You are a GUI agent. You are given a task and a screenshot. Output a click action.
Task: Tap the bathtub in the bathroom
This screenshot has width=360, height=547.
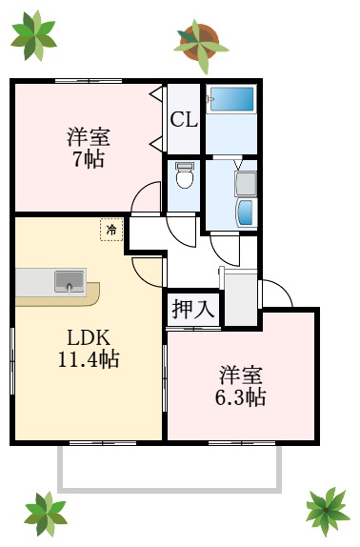(231, 99)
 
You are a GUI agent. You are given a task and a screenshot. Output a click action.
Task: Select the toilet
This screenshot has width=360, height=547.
(185, 176)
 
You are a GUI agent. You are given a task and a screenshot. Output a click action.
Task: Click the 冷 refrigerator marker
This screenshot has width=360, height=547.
(111, 230)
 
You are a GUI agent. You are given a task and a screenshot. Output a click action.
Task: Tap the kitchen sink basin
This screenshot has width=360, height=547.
(70, 280)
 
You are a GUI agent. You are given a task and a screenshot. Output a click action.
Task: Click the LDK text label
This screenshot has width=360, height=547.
(89, 337)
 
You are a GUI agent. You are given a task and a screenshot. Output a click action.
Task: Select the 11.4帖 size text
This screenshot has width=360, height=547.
(89, 360)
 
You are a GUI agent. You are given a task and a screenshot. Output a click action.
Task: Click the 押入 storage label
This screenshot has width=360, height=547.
(193, 310)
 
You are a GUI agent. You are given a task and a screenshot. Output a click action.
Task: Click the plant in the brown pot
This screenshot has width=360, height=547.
(201, 43)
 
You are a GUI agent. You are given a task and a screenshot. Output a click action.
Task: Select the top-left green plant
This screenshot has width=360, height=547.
(33, 35)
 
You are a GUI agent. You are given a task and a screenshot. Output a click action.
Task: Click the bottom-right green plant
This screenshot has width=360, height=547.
(327, 510)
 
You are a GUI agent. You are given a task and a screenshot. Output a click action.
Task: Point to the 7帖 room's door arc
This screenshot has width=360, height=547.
(145, 197)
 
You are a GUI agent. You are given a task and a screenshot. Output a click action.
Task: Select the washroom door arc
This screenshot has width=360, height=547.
(226, 250)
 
